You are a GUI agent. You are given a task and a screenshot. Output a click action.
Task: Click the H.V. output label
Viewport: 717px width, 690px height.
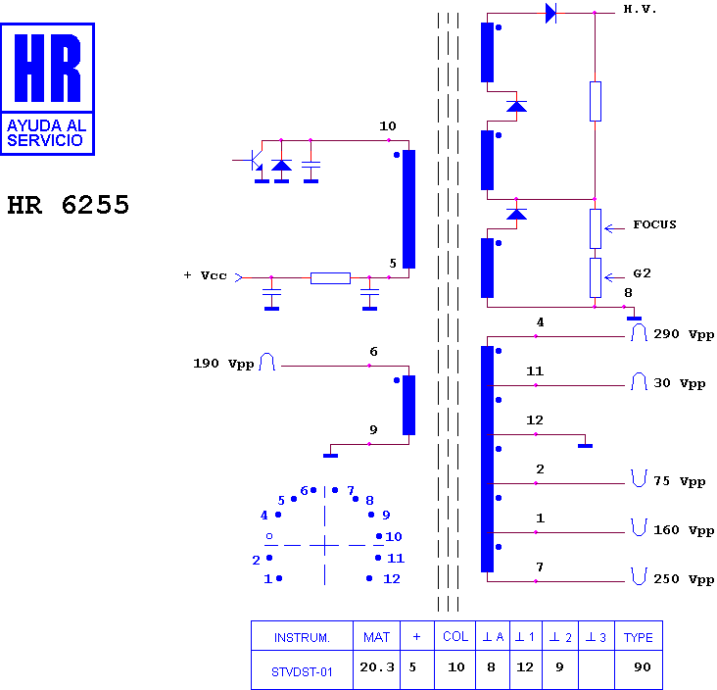[640, 9]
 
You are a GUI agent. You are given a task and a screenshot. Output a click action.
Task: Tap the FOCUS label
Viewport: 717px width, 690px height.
[654, 224]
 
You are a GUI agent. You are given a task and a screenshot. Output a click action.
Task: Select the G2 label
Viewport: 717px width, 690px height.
[642, 273]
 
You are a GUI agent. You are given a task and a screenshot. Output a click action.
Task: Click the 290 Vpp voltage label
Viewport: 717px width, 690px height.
[684, 334]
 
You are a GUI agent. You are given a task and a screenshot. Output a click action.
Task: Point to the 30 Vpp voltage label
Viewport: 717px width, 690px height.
[680, 383]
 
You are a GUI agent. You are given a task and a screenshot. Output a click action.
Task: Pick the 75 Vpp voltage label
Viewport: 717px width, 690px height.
[680, 481]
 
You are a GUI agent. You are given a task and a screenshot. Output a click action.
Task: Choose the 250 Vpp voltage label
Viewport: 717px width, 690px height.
[684, 579]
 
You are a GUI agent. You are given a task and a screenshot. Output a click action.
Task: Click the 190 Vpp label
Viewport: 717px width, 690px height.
[223, 364]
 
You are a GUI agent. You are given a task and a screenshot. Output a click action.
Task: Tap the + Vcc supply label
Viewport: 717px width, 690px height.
[206, 275]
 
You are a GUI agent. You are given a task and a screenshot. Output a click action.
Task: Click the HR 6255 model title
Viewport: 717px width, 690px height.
[69, 205]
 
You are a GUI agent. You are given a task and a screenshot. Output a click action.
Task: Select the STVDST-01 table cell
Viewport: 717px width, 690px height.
[302, 671]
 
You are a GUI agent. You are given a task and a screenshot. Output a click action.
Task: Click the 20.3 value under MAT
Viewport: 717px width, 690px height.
[377, 667]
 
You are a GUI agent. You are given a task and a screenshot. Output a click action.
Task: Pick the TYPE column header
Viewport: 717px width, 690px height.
[639, 637]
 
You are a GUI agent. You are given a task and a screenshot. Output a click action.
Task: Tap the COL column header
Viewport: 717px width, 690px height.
[455, 636]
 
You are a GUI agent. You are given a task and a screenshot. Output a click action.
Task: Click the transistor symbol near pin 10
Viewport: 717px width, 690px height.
[254, 160]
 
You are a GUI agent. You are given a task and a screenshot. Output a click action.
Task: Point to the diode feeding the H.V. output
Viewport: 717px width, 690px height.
[551, 14]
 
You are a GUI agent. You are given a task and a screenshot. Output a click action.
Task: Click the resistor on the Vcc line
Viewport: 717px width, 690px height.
[330, 277]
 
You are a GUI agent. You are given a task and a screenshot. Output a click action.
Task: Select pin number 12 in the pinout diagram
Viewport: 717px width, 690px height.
[392, 579]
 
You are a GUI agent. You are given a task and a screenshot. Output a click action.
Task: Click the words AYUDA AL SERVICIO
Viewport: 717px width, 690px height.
[47, 132]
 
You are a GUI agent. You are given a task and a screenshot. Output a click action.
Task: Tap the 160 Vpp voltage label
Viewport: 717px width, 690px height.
[684, 530]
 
